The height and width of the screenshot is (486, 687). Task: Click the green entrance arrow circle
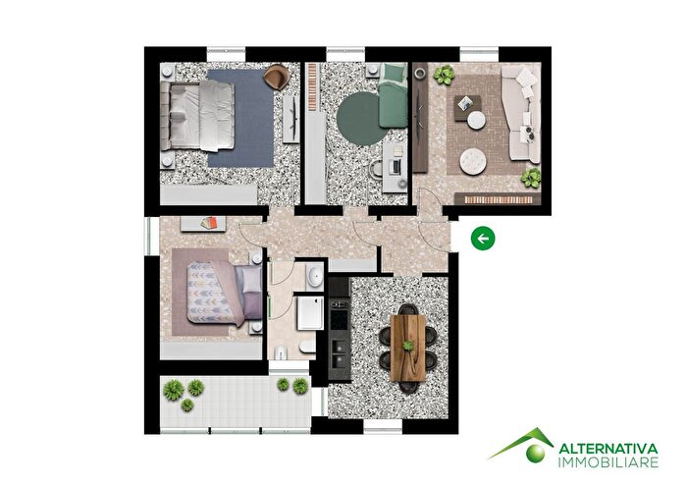click(482, 237)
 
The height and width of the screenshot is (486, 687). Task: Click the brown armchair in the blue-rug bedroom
click(277, 75)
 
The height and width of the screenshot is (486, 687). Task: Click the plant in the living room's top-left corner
click(445, 75)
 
